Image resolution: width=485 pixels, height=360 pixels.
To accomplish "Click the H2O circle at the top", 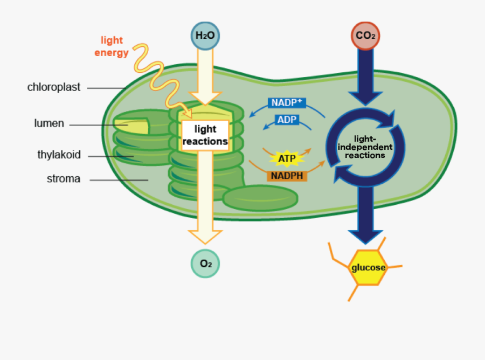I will (205, 36).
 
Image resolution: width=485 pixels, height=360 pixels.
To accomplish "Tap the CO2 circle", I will (366, 36).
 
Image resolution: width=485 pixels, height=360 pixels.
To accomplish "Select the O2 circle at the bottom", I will (205, 264).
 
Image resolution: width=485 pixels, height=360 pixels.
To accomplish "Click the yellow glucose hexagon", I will (369, 267).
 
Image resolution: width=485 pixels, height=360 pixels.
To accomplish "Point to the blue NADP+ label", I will (287, 102).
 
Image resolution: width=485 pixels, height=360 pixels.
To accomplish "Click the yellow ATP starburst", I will (287, 158).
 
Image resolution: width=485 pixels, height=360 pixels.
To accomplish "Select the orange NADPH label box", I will (287, 176).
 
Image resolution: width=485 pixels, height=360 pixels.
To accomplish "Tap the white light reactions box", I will (205, 135).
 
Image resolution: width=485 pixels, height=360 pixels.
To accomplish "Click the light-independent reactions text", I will (365, 147).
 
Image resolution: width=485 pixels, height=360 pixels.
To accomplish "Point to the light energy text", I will (112, 46).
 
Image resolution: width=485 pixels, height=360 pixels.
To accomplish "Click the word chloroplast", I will (54, 87).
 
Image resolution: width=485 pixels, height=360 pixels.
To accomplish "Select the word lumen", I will (49, 123).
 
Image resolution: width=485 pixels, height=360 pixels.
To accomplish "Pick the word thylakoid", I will (59, 155).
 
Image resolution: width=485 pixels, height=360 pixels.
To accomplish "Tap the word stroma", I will (64, 179).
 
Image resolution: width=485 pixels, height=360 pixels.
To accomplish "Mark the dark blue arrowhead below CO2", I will (366, 97).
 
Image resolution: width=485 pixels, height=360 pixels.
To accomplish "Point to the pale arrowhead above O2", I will (205, 237).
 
